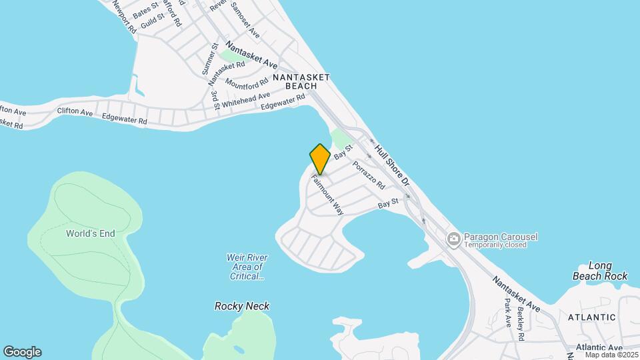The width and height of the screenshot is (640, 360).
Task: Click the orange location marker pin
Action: [320, 159]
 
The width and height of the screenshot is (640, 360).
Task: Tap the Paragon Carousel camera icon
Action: [454, 238]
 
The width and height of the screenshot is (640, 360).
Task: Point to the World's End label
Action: [91, 233]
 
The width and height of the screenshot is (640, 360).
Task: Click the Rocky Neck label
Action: [242, 306]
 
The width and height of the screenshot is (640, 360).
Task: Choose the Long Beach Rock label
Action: [600, 271]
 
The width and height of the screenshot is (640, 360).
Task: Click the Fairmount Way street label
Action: [327, 195]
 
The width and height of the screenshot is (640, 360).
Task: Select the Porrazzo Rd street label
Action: [369, 174]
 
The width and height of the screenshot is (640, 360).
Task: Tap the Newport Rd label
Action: [124, 17]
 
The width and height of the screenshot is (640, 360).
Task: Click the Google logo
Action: [22, 352]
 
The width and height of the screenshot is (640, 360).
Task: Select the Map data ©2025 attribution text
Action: [611, 355]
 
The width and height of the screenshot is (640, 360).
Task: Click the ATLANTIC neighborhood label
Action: [593, 317]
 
